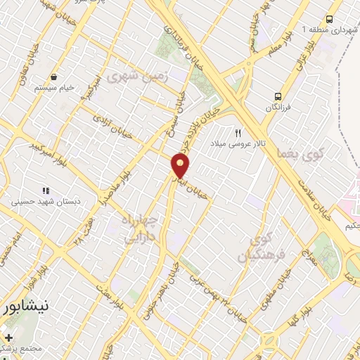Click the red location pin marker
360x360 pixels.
point(181,166)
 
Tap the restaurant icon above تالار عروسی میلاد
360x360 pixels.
point(239,132)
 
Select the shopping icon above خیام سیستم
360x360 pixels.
point(53,77)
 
